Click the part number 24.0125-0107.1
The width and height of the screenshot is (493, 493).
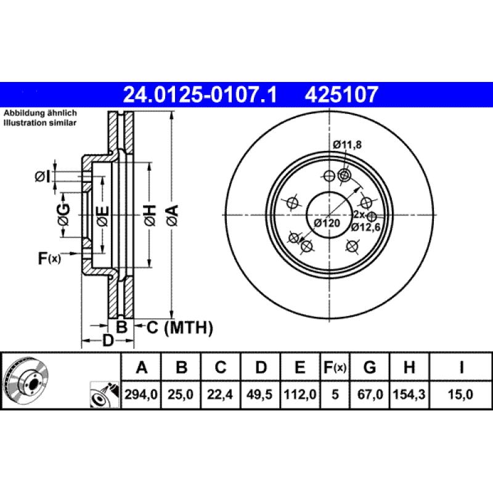click(x=200, y=95)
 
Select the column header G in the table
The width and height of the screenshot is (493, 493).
click(x=369, y=368)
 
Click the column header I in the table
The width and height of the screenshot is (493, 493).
click(x=461, y=368)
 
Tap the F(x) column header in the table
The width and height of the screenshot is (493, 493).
click(x=335, y=368)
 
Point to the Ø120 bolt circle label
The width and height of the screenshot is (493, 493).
click(x=327, y=223)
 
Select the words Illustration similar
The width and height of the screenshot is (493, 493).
click(x=40, y=123)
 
